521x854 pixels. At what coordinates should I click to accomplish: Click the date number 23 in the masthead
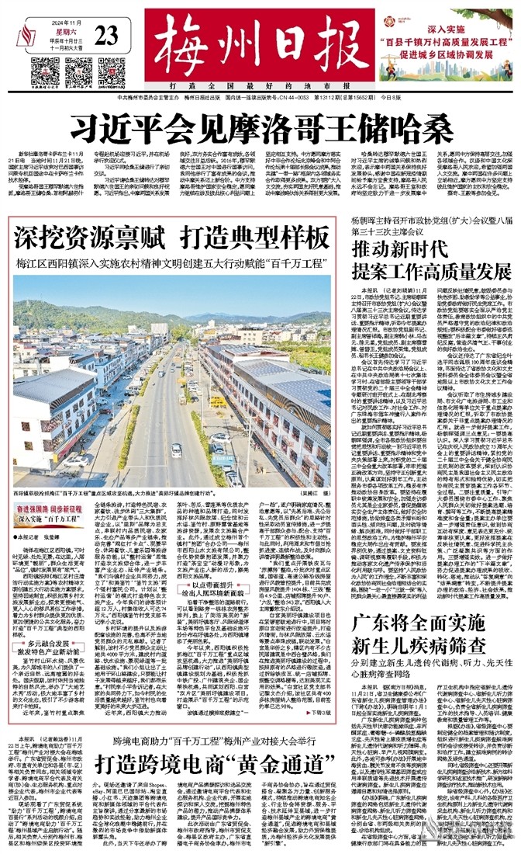pyautogui.click(x=107, y=35)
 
